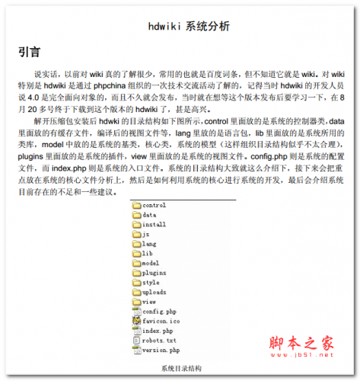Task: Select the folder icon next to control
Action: tap(135, 206)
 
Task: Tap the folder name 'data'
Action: tap(149, 216)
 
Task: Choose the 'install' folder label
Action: tap(154, 225)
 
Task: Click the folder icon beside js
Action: tap(135, 235)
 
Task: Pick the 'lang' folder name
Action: tap(149, 244)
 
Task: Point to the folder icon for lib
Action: tap(135, 254)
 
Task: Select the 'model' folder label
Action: tap(151, 263)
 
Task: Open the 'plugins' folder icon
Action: tap(135, 273)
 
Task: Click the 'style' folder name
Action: tap(151, 283)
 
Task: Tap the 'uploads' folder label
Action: tap(154, 293)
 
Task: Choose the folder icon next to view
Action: tap(135, 302)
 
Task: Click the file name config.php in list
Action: tap(159, 312)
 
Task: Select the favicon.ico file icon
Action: tap(135, 322)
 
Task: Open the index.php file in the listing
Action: tap(158, 331)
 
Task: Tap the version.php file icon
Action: tap(135, 351)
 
